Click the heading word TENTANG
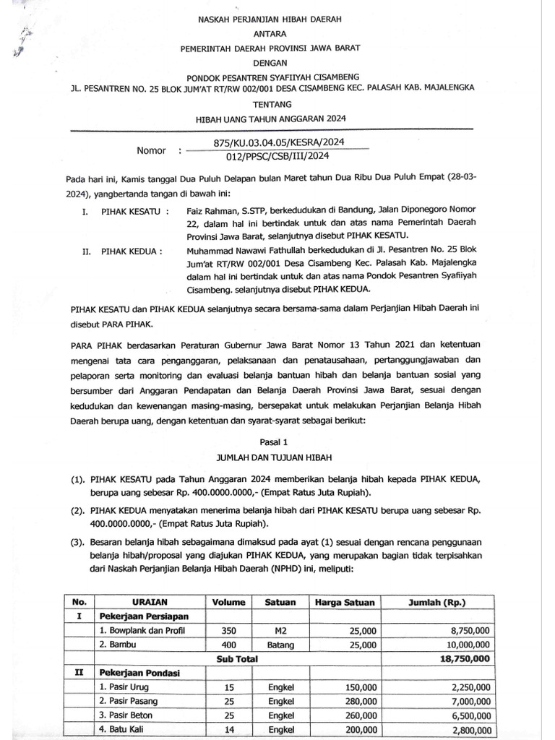[x=277, y=104]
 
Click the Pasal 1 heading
[x=277, y=440]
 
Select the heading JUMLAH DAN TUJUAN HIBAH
[x=277, y=457]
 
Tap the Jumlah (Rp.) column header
[x=438, y=602]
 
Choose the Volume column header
[x=229, y=602]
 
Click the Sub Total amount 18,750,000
[x=460, y=658]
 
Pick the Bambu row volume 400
[x=229, y=645]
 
